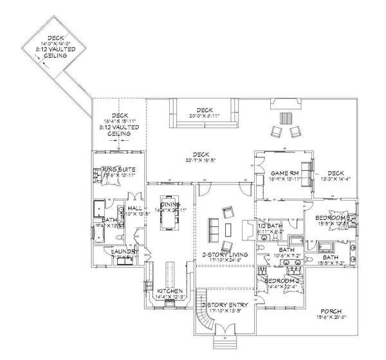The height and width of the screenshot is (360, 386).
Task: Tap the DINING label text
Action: coord(170,204)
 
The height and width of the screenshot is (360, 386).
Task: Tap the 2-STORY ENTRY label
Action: coord(221,303)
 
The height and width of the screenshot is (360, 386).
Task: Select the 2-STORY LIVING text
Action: coord(221,253)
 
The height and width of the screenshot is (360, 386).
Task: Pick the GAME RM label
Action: coord(282,174)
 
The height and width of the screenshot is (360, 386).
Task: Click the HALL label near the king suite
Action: coord(135,209)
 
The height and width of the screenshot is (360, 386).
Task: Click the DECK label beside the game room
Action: coord(335,173)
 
